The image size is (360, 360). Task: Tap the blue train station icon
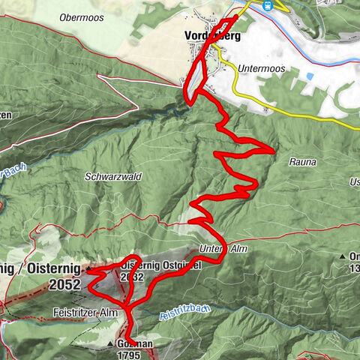(267, 4)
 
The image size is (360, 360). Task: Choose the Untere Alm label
(223, 249)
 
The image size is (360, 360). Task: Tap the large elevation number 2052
(65, 284)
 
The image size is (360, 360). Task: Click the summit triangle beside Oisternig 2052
(88, 268)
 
